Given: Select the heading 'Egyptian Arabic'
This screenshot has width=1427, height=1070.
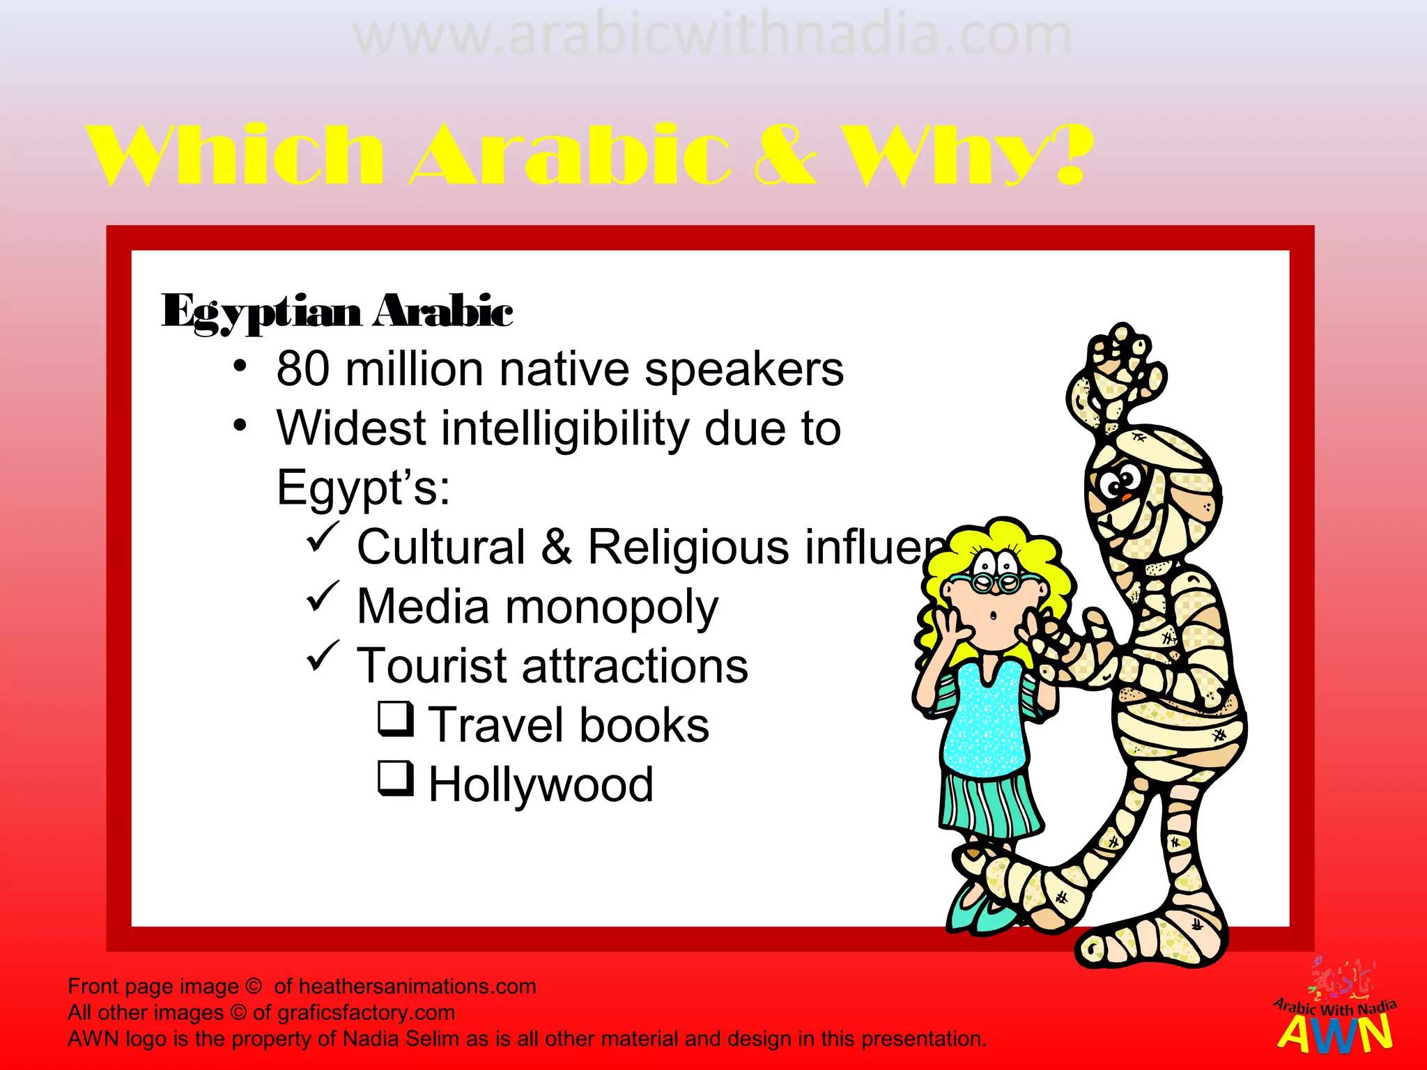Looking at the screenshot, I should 337,311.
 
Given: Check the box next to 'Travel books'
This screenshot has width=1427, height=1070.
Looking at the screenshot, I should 396,718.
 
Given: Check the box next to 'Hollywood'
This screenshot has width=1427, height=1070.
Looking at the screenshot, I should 396,777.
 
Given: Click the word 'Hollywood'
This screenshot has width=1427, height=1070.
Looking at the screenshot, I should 541,784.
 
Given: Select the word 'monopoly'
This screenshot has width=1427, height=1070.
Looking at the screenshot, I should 611,607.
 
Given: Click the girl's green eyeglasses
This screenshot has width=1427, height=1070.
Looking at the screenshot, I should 996,581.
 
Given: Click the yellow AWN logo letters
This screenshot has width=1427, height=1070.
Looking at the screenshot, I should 1335,1034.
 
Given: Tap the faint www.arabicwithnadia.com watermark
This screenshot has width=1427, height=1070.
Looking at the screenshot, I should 712,36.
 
